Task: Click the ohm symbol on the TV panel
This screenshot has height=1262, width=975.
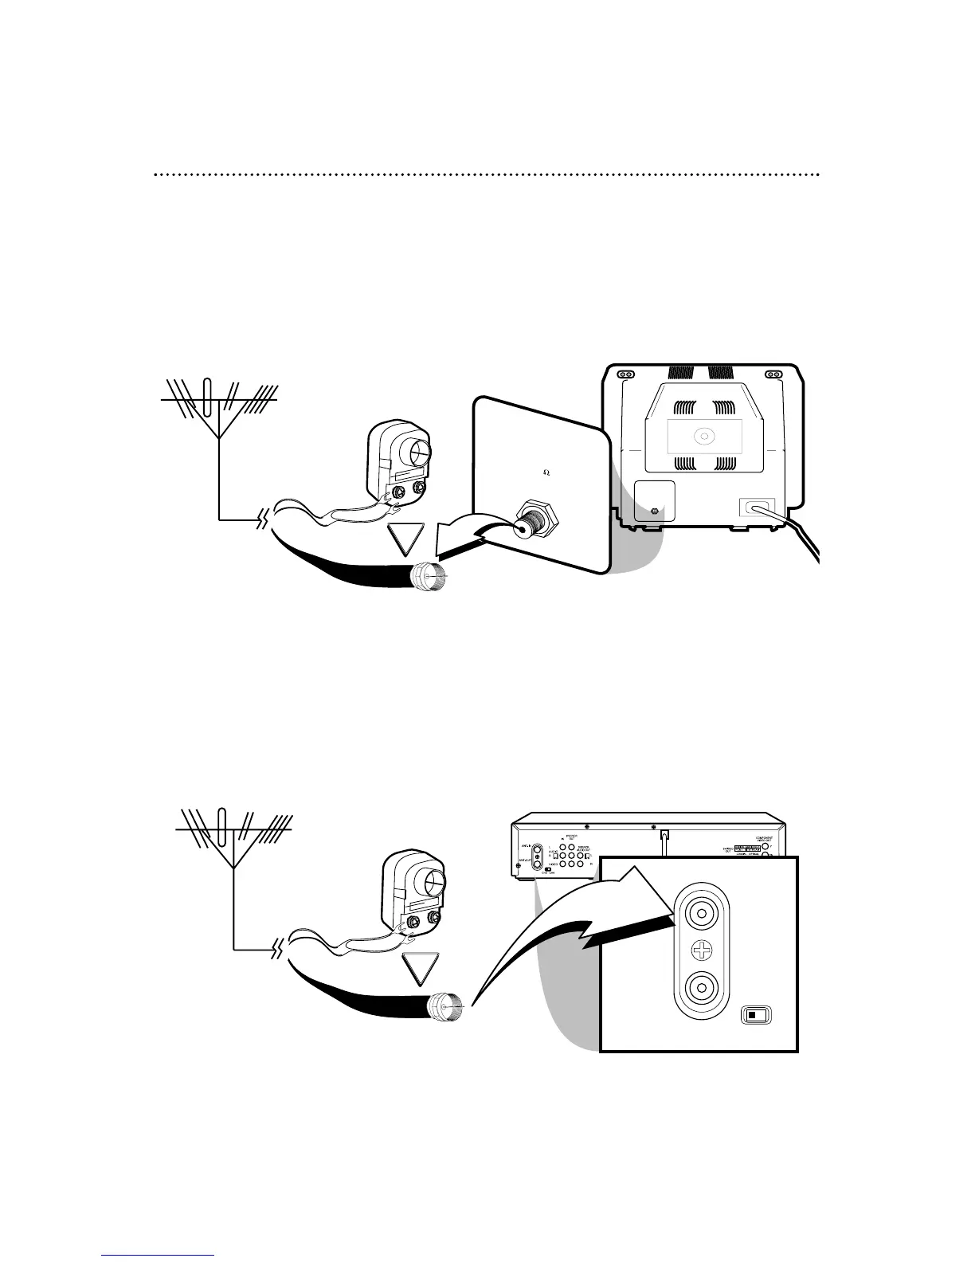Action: [546, 471]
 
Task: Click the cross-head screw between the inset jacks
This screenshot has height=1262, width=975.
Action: [701, 949]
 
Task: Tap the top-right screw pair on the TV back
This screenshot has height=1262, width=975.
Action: [773, 374]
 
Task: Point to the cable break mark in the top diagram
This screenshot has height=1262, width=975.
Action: [260, 521]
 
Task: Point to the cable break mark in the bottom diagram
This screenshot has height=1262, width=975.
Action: [277, 949]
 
